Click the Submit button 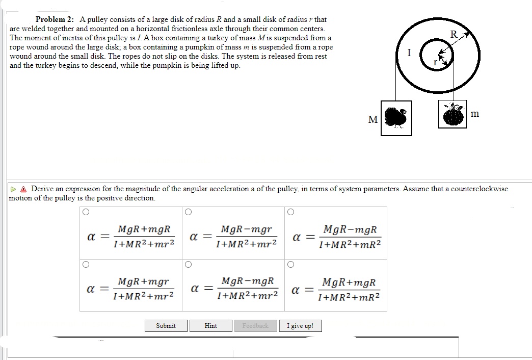(166, 326)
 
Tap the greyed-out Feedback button (255, 326)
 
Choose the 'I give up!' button (300, 326)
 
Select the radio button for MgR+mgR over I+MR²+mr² (86, 212)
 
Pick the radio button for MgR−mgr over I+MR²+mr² (189, 212)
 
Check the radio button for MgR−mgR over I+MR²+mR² (291, 212)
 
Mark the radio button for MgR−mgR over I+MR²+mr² (189, 264)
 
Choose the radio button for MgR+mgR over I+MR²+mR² (291, 264)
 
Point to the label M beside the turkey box (373, 120)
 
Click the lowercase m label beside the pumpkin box (475, 114)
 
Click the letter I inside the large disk (409, 54)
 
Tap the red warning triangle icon (24, 189)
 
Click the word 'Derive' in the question (42, 189)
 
